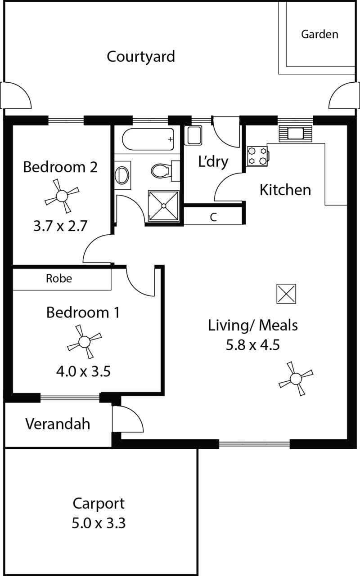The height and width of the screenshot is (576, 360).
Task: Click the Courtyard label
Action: pyautogui.click(x=141, y=57)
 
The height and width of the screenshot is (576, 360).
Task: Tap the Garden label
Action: pyautogui.click(x=319, y=34)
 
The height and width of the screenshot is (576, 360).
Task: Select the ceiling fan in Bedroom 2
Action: pyautogui.click(x=62, y=196)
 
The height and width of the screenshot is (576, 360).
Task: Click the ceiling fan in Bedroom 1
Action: pyautogui.click(x=85, y=342)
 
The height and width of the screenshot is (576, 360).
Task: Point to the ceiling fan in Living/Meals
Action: pyautogui.click(x=296, y=379)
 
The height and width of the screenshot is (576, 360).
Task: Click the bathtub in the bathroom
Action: pyautogui.click(x=148, y=139)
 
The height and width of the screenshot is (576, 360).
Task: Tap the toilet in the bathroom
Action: pyautogui.click(x=165, y=170)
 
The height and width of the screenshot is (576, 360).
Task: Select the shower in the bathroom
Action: pyautogui.click(x=164, y=206)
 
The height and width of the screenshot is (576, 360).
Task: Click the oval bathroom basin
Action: pyautogui.click(x=122, y=175)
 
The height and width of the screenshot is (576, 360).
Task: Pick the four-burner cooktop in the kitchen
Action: pyautogui.click(x=258, y=156)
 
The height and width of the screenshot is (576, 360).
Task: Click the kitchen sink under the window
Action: pyautogui.click(x=295, y=134)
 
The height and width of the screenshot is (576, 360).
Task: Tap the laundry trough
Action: pyautogui.click(x=194, y=135)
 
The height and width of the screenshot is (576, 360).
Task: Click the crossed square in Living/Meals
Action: pyautogui.click(x=286, y=294)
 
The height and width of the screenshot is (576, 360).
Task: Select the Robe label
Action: pyautogui.click(x=59, y=278)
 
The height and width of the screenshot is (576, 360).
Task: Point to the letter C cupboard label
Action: pyautogui.click(x=213, y=217)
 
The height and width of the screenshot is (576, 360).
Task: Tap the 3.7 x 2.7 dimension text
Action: pyautogui.click(x=60, y=226)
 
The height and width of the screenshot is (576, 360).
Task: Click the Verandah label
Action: pyautogui.click(x=58, y=424)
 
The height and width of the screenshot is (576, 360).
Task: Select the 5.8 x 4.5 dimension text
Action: pyautogui.click(x=253, y=345)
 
